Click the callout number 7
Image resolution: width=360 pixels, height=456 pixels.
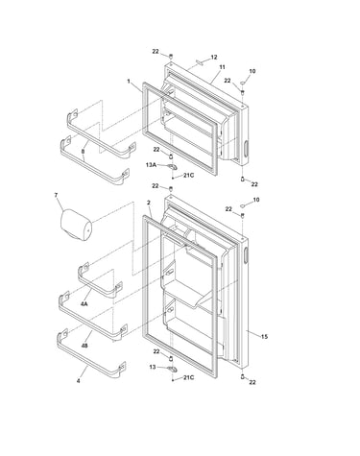56,195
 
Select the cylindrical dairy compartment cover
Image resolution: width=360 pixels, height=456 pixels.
77,225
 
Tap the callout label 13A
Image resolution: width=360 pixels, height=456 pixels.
151,165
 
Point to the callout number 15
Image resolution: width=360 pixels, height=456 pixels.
264,337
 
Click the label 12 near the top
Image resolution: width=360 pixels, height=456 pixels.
214,58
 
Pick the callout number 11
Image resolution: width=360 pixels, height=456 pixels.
222,67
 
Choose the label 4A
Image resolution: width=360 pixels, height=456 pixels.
84,304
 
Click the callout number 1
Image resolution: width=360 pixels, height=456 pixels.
129,82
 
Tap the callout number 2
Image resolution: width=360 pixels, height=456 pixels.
148,203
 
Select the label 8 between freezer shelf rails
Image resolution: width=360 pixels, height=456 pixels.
83,151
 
